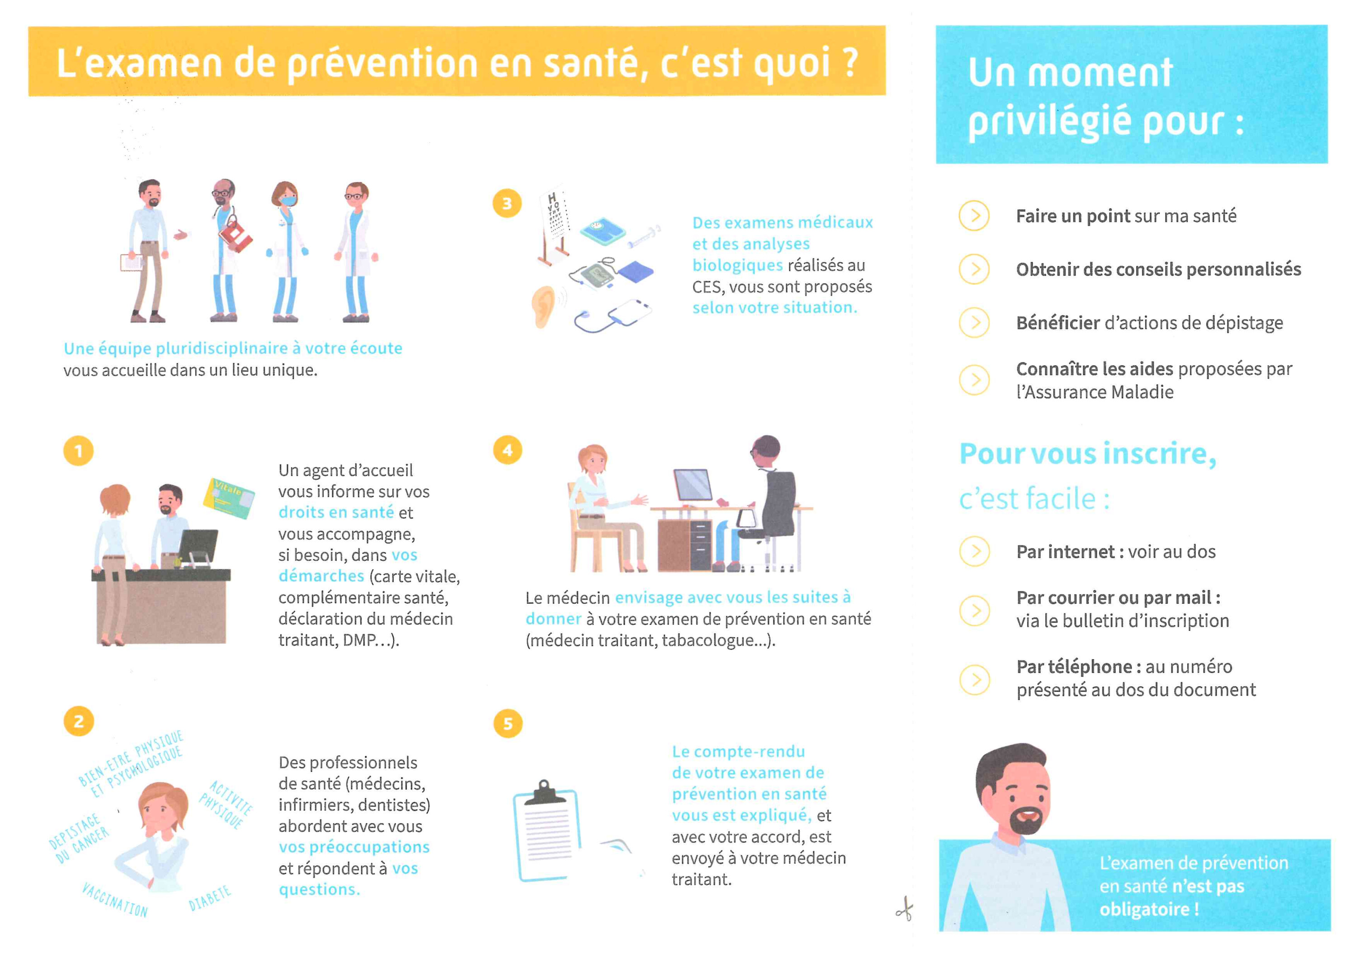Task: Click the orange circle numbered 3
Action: [x=506, y=203]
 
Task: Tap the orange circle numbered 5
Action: [x=508, y=723]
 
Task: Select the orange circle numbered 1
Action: [x=79, y=451]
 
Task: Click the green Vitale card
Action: [x=229, y=498]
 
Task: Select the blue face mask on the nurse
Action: [x=287, y=201]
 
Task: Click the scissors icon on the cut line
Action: [x=904, y=909]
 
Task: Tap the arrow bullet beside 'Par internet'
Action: [x=975, y=551]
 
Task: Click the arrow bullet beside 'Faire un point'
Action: [x=975, y=216]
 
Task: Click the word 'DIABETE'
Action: [x=210, y=898]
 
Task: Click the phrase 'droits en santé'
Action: [x=336, y=512]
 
